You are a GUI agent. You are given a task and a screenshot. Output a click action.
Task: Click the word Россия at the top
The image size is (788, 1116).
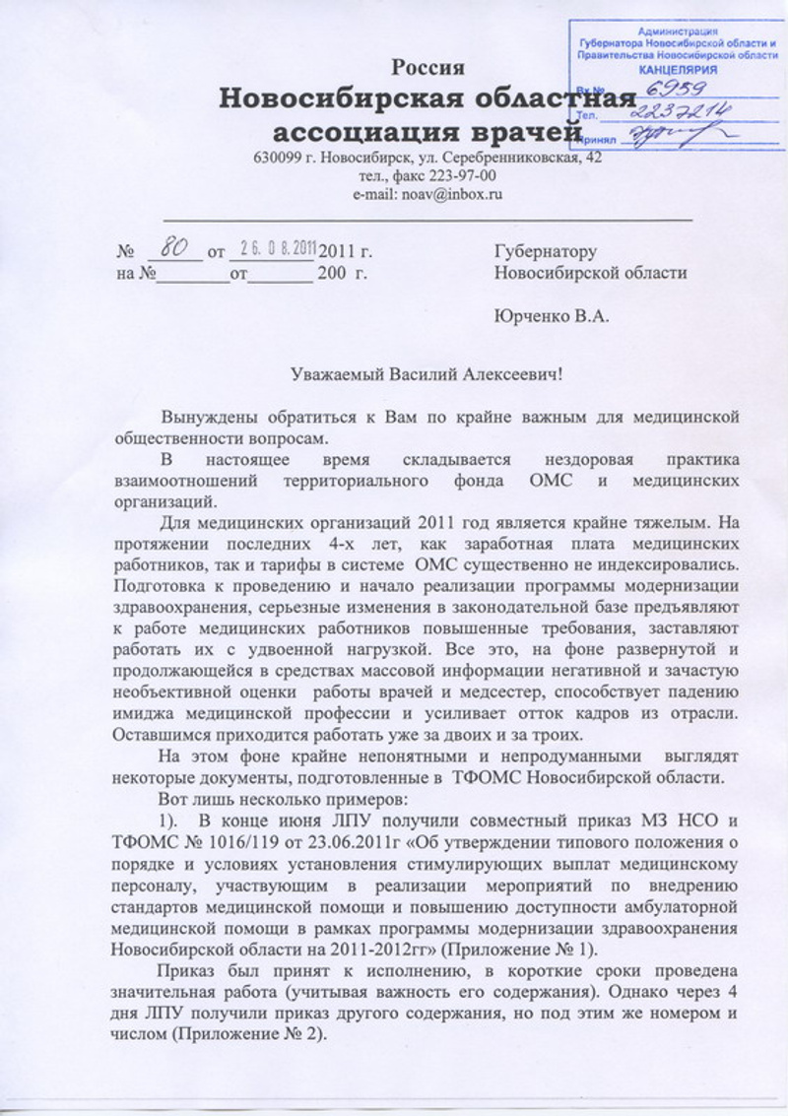428,68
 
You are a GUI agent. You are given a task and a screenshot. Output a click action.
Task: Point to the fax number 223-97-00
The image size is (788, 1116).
463,176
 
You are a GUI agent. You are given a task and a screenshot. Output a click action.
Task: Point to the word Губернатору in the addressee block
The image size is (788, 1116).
546,253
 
